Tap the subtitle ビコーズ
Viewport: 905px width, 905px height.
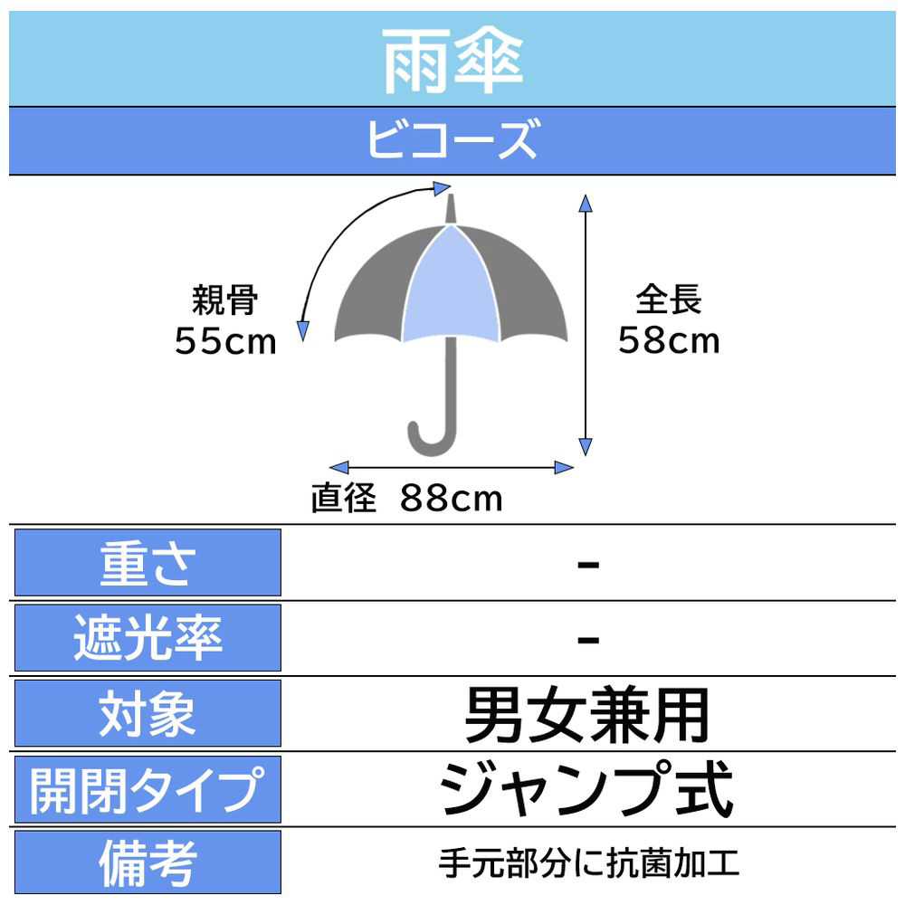click(452, 141)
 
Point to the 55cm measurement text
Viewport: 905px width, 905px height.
click(225, 342)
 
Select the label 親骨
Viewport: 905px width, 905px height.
click(225, 300)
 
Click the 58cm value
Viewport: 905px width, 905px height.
click(669, 339)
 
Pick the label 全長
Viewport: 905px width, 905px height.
click(669, 299)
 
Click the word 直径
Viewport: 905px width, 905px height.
click(343, 499)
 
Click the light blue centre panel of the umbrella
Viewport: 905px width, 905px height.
click(452, 290)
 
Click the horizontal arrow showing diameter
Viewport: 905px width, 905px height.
click(452, 467)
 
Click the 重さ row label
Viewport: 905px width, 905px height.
click(148, 563)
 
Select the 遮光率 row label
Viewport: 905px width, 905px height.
click(148, 639)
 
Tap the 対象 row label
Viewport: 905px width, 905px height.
click(148, 715)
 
